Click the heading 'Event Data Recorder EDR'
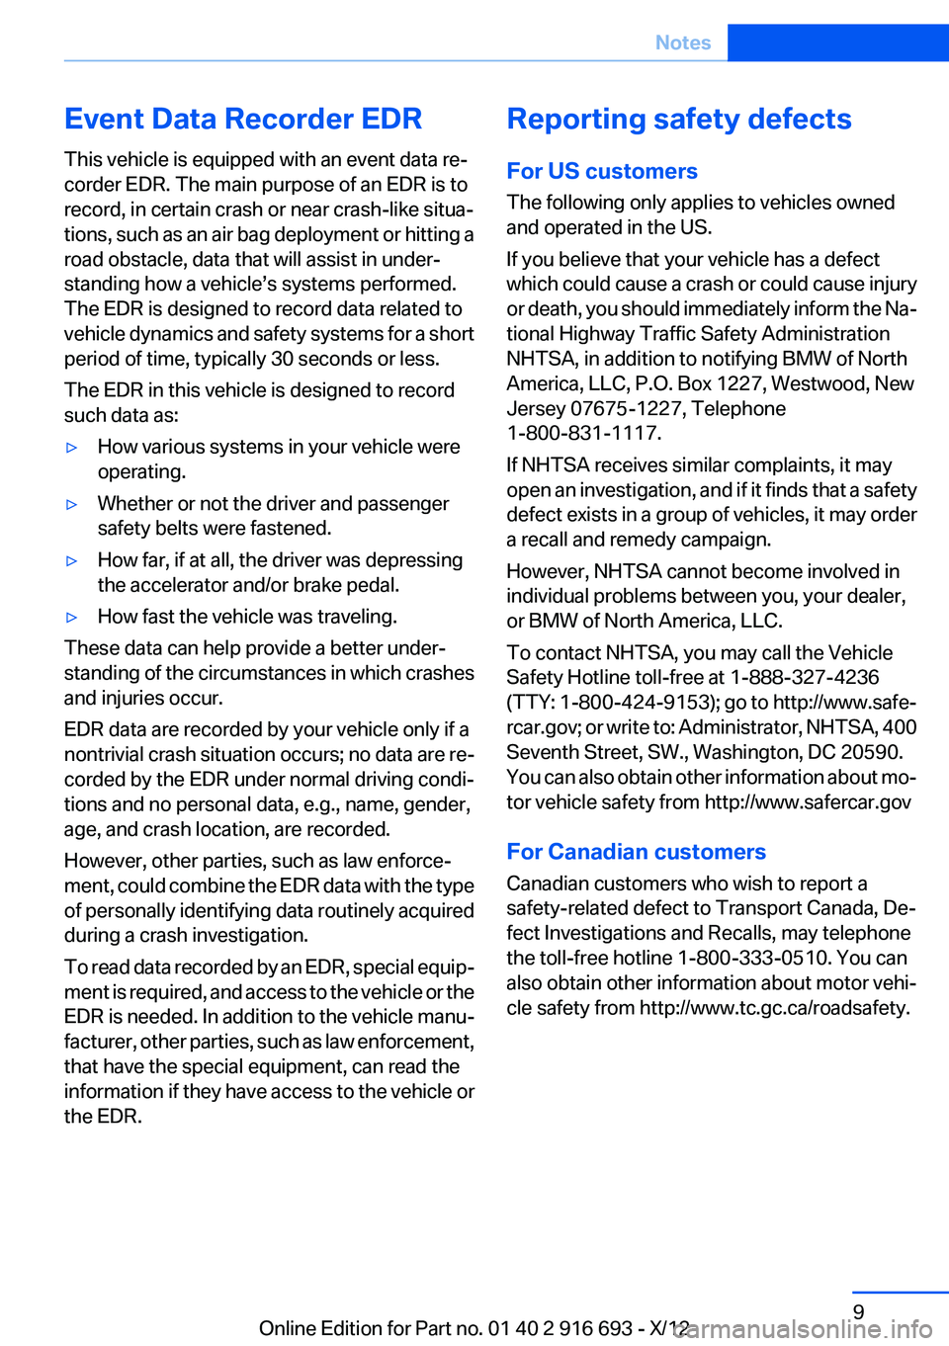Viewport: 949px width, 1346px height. point(243,119)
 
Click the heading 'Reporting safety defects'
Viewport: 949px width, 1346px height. point(679,119)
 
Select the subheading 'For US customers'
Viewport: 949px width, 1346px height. point(602,171)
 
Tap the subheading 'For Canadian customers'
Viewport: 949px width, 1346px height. point(636,852)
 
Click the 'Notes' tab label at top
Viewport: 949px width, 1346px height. point(683,42)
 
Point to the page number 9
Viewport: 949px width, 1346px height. point(858,1311)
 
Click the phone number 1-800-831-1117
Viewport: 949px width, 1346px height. point(583,433)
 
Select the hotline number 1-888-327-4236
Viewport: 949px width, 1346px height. point(805,677)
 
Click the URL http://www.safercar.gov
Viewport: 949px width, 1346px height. point(808,801)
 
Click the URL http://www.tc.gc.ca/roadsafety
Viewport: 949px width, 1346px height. point(773,1008)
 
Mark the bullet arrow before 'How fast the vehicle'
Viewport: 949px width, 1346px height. point(71,618)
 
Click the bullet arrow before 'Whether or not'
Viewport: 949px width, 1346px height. point(71,505)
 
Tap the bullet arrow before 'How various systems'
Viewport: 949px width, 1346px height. point(71,448)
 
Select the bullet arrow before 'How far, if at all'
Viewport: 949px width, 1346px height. point(71,561)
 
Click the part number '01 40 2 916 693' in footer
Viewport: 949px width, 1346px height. point(560,1328)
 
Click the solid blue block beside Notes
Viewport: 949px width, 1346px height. point(837,42)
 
